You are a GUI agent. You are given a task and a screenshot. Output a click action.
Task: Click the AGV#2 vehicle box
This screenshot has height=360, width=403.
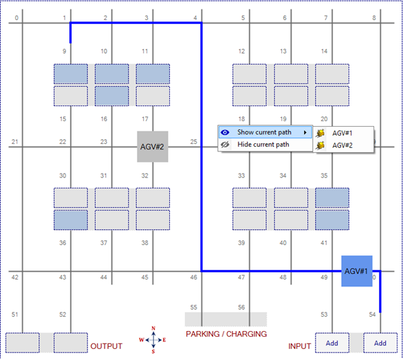[153, 147]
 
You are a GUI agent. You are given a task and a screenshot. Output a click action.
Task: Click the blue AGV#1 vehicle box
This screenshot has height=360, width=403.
[357, 271]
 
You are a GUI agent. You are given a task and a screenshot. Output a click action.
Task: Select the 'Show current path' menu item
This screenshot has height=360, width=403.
[265, 132]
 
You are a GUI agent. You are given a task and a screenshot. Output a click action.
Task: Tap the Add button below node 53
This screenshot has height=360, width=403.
[332, 343]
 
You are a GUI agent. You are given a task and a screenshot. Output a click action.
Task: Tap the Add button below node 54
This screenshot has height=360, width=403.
[380, 343]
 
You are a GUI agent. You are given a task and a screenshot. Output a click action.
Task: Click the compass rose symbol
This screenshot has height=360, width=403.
[153, 339]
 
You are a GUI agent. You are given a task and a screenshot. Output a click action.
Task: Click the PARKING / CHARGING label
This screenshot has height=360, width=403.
[226, 334]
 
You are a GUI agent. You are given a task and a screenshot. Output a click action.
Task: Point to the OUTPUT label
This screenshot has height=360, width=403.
[106, 346]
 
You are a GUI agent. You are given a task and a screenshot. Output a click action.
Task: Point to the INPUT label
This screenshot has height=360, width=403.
[299, 346]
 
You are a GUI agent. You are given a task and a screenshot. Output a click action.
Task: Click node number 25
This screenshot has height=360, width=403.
[193, 142]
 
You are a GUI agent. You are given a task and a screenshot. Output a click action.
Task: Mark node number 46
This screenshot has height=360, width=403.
[193, 277]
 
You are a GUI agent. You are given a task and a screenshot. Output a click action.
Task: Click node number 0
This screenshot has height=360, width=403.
[17, 18]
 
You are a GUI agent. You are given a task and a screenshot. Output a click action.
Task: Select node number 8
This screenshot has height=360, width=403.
[374, 18]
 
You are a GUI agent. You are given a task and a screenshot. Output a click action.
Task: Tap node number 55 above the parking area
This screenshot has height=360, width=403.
[193, 308]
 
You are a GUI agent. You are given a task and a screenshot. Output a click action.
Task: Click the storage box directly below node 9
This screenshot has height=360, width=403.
[71, 74]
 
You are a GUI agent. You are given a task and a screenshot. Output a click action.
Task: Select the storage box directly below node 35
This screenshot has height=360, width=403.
[332, 198]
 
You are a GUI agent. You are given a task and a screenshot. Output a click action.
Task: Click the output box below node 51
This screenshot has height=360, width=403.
[23, 343]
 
